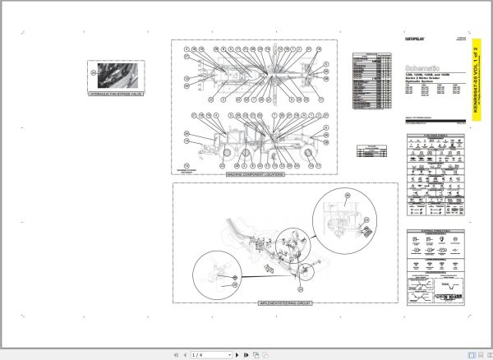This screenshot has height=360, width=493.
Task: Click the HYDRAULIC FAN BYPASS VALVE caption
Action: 116,95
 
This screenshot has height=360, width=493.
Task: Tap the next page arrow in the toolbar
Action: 237,354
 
